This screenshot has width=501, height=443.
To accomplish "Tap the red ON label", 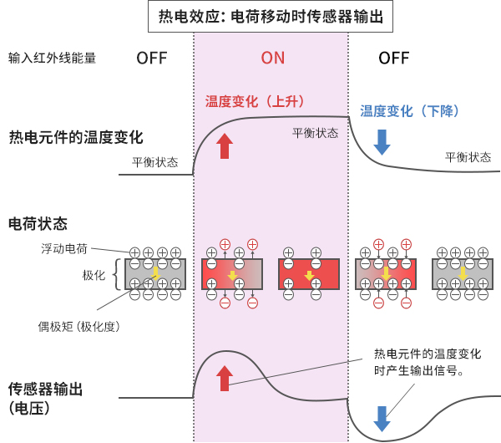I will [272, 58].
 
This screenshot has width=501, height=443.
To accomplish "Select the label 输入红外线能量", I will [52, 59].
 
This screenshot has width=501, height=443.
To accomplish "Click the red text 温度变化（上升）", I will [255, 101].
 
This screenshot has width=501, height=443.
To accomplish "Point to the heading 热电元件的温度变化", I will [76, 138].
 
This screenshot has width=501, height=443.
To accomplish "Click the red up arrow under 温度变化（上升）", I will [224, 145].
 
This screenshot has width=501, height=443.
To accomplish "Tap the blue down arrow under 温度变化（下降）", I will [382, 140].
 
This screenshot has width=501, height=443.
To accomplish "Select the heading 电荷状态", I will [38, 223].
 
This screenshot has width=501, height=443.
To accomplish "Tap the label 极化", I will [93, 275].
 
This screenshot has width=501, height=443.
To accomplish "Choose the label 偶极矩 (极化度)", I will [79, 327].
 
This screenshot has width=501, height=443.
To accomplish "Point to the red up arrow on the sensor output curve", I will [224, 378].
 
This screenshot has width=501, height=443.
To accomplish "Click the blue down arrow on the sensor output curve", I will [382, 418].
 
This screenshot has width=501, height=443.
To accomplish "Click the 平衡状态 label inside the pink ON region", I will [315, 133].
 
